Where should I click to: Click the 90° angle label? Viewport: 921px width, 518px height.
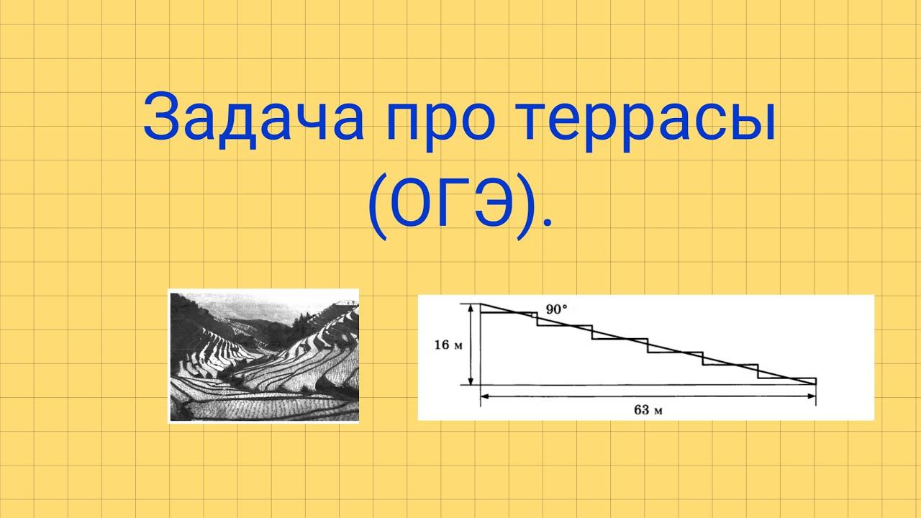(x=556, y=309)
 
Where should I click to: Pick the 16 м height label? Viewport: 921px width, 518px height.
(x=448, y=345)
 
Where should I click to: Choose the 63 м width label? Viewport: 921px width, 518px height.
(x=648, y=410)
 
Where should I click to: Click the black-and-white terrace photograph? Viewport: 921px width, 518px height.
(x=263, y=355)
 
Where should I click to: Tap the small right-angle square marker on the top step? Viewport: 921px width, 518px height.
(x=534, y=315)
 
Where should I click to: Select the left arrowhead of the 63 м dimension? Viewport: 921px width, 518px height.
(x=485, y=396)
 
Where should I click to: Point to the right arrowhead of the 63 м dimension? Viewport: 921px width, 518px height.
(x=811, y=396)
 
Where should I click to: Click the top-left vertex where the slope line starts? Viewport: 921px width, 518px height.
(x=480, y=304)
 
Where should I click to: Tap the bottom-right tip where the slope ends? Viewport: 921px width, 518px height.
(x=816, y=384)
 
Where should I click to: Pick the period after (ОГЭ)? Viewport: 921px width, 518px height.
(x=546, y=224)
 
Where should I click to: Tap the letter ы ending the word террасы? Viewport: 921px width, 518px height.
(x=752, y=124)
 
